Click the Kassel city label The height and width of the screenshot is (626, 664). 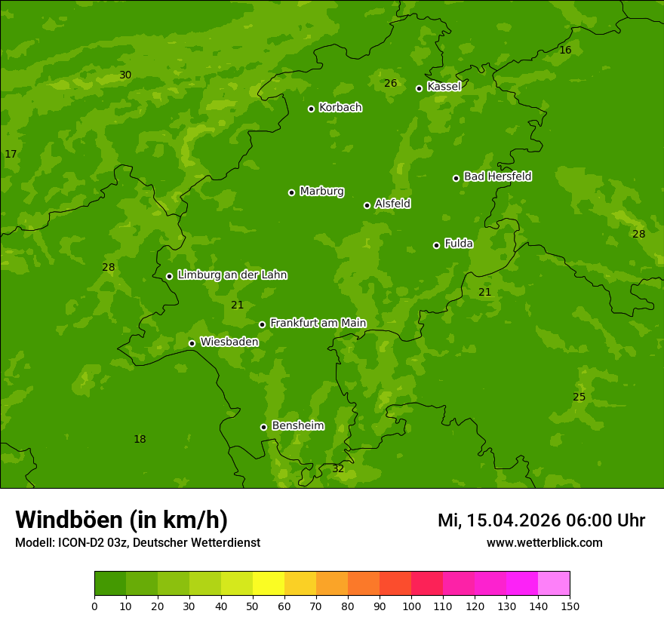tap(444, 87)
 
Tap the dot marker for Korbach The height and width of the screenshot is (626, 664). tap(311, 109)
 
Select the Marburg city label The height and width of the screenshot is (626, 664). tap(321, 192)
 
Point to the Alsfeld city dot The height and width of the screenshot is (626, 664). tap(367, 205)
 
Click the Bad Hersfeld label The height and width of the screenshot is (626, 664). tap(497, 176)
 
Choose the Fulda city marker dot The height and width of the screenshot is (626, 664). tap(436, 245)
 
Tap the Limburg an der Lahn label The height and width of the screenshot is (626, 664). tap(232, 275)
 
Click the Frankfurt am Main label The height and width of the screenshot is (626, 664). tap(318, 323)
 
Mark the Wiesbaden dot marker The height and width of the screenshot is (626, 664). tap(192, 343)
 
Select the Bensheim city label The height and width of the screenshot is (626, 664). tap(297, 426)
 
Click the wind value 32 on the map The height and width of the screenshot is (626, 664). tap(338, 469)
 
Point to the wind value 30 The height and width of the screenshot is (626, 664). tap(125, 75)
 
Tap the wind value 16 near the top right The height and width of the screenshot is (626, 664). tap(565, 51)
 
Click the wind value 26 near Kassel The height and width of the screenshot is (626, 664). tap(390, 84)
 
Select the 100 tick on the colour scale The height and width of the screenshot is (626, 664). tap(411, 606)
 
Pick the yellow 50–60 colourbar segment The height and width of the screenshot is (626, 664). tap(269, 584)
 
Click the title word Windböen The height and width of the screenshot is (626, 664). tap(69, 520)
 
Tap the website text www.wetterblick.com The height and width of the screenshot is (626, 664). tap(544, 542)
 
